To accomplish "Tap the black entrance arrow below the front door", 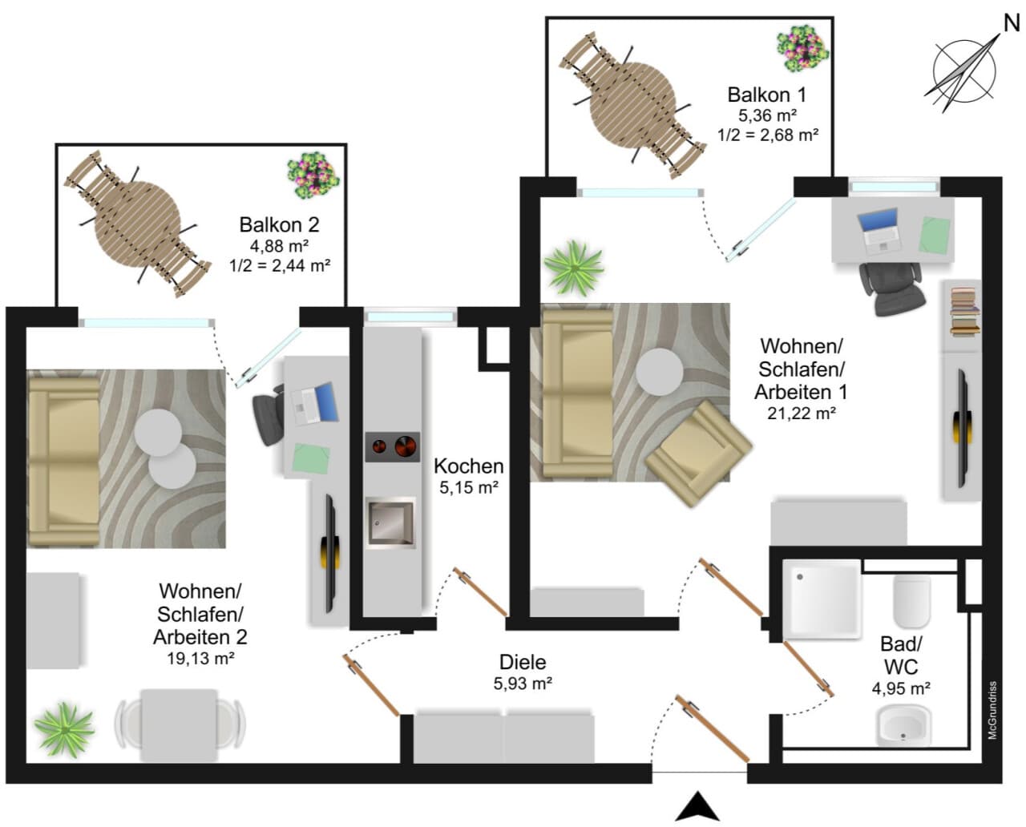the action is pos(697,806).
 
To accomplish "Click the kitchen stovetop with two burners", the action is pos(393,446).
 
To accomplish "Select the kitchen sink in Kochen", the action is pos(390,523).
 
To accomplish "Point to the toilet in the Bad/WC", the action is pos(912,602).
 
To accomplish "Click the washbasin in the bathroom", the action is pos(904,727).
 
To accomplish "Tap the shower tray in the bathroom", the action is pos(822,599).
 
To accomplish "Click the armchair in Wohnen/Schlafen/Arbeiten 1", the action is pos(699,454).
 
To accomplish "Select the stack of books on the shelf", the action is pos(965,312).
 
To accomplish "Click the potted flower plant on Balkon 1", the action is pos(803,51).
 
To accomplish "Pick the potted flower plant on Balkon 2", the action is pos(313,175).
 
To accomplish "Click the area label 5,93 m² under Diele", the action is pos(523,684).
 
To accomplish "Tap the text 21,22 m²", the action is pos(801,413).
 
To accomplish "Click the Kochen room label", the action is pos(469,466).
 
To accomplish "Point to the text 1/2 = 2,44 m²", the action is pos(280,265).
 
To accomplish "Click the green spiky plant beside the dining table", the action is pos(64,730).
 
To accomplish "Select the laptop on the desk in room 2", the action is pos(315,403).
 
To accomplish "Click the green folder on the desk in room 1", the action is pos(935,235).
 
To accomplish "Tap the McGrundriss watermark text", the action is pos(992,710).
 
